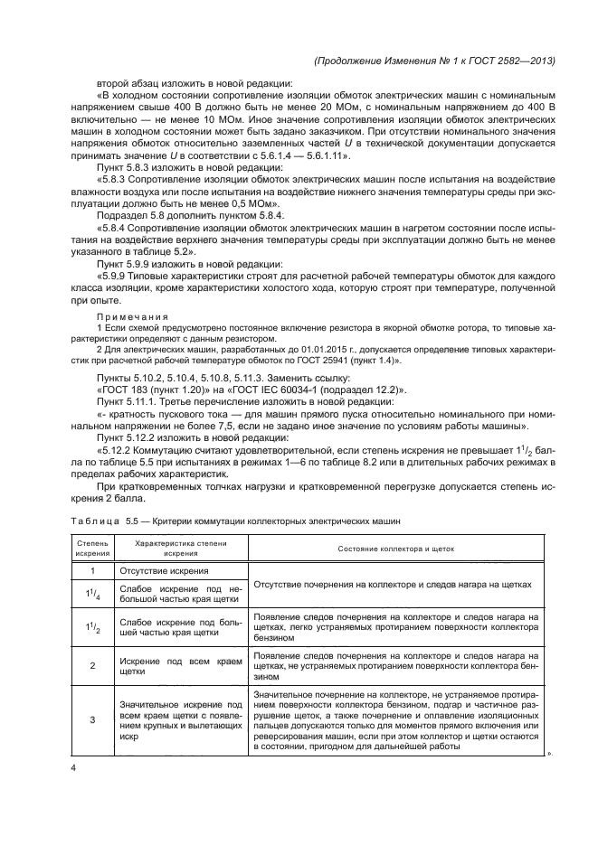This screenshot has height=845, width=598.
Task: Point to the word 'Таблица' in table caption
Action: tap(95, 521)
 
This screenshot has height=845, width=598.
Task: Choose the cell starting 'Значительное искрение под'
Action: tap(175, 719)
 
